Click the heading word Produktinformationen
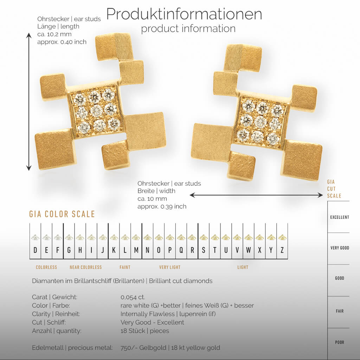[x=184, y=14]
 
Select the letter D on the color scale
[x=35, y=250]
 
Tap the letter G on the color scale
[x=69, y=250]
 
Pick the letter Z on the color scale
[x=282, y=250]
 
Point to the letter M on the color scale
[x=136, y=250]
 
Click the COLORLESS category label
[x=46, y=267]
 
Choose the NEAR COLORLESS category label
[x=85, y=267]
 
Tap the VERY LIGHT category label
[x=170, y=267]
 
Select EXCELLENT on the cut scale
[x=339, y=217]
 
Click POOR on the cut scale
[x=339, y=342]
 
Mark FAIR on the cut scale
[x=340, y=311]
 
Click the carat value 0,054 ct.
[x=133, y=297]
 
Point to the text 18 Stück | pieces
[x=144, y=331]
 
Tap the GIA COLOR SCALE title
[x=62, y=214]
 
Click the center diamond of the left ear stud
[x=96, y=111]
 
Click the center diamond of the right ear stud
[x=260, y=122]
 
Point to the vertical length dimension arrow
[x=29, y=102]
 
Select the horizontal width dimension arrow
[x=256, y=195]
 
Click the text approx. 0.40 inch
[x=62, y=42]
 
